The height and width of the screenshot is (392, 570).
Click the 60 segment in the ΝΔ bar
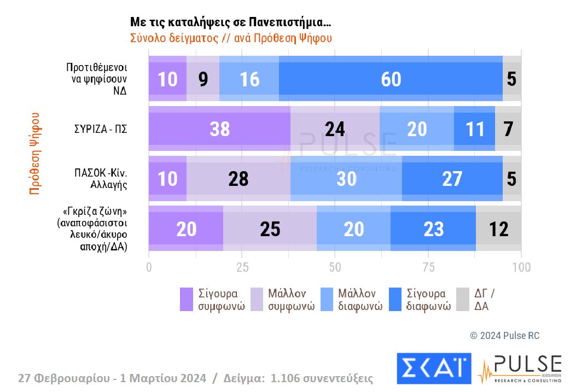(391, 79)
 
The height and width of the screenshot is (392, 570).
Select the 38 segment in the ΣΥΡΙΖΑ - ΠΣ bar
(219, 129)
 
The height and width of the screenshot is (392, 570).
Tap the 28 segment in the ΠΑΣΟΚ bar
(238, 179)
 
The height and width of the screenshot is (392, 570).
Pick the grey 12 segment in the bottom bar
(498, 229)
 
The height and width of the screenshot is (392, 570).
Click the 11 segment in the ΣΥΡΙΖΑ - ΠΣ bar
(474, 129)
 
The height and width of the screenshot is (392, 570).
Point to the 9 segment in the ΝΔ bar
(203, 79)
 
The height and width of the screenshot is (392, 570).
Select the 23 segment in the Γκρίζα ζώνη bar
(433, 229)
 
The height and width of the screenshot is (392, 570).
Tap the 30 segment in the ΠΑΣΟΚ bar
(346, 179)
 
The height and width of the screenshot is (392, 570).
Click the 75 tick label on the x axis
(428, 267)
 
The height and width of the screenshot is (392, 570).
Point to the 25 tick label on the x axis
(242, 267)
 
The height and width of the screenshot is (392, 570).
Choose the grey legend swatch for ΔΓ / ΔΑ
(462, 299)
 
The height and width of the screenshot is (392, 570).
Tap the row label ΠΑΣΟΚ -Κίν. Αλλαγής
(101, 179)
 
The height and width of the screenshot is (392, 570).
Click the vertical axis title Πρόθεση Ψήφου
(35, 154)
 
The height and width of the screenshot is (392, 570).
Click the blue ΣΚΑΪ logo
(434, 368)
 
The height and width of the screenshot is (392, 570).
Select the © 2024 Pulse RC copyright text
(504, 336)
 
